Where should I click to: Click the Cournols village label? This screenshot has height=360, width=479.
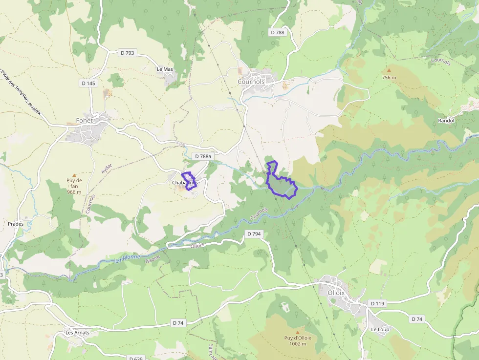pyautogui.click(x=251, y=82)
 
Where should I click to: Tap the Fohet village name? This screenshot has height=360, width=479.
pyautogui.click(x=84, y=121)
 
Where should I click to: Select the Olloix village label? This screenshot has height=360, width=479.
pyautogui.click(x=336, y=293)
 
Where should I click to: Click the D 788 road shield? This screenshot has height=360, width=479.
pyautogui.click(x=277, y=32)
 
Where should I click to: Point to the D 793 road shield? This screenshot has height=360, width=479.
pyautogui.click(x=127, y=52)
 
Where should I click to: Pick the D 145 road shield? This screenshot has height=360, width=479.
pyautogui.click(x=88, y=83)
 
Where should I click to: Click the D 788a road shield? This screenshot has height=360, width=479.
pyautogui.click(x=202, y=156)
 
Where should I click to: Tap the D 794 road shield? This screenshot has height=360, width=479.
pyautogui.click(x=254, y=234)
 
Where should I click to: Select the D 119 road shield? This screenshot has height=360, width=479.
pyautogui.click(x=378, y=303)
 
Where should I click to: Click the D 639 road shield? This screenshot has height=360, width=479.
pyautogui.click(x=136, y=358)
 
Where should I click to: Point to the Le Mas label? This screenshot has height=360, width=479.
pyautogui.click(x=165, y=69)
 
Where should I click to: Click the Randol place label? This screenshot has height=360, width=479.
pyautogui.click(x=446, y=121)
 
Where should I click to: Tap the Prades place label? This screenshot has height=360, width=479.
pyautogui.click(x=16, y=224)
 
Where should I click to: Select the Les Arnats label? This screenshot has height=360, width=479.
pyautogui.click(x=78, y=333)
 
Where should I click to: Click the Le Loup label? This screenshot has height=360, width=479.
pyautogui.click(x=380, y=329)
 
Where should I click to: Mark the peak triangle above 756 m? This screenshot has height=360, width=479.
pyautogui.click(x=389, y=70)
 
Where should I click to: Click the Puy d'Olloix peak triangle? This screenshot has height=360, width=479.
pyautogui.click(x=297, y=332)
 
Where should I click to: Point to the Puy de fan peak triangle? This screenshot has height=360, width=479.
pyautogui.click(x=74, y=174)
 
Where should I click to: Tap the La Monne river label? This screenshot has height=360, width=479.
pyautogui.click(x=128, y=258)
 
